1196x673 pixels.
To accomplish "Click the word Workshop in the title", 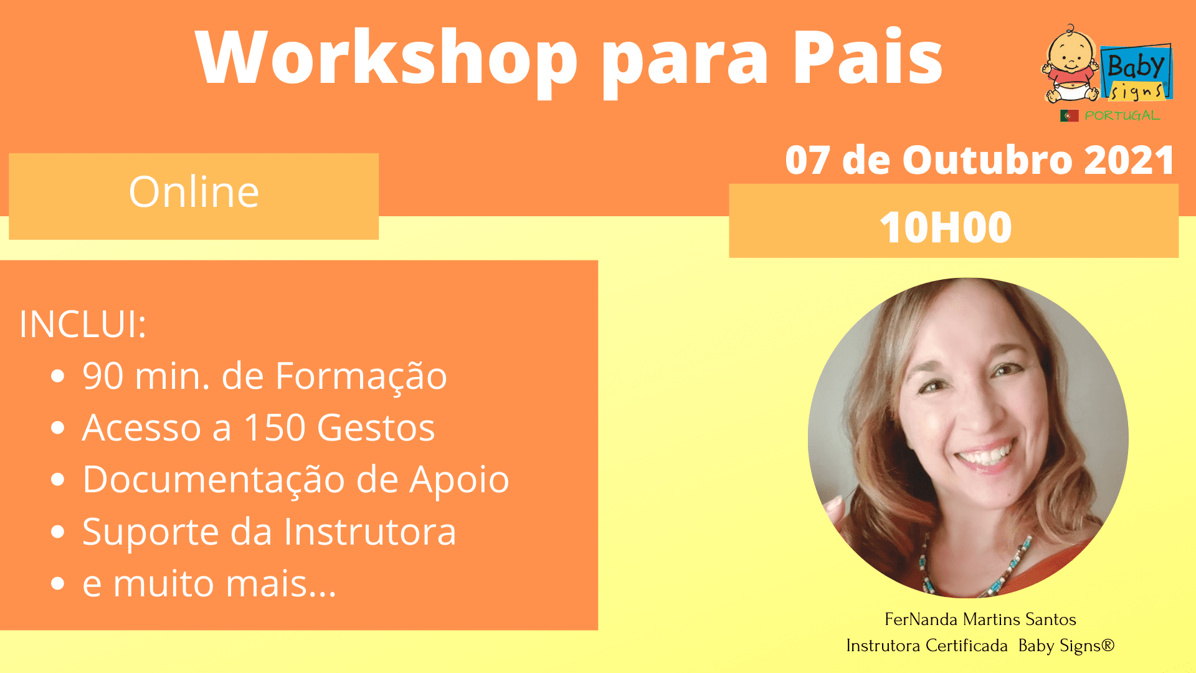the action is pyautogui.click(x=387, y=58).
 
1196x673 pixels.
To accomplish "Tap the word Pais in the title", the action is pyautogui.click(x=867, y=57).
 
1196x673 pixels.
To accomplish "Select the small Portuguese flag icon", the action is pyautogui.click(x=1069, y=116).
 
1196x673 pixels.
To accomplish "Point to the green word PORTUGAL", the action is pyautogui.click(x=1122, y=116).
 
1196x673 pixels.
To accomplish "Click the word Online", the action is pyautogui.click(x=194, y=191).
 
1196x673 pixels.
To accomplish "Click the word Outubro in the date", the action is pyautogui.click(x=987, y=160).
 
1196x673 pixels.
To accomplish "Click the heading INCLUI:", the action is pyautogui.click(x=83, y=324).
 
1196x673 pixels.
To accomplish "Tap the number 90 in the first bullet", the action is pyautogui.click(x=103, y=376).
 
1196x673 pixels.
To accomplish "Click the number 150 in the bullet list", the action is pyautogui.click(x=275, y=427).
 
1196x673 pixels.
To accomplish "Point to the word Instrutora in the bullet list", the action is pyautogui.click(x=370, y=532).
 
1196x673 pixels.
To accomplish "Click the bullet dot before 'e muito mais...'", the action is pyautogui.click(x=58, y=584).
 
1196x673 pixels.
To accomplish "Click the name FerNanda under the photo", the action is pyautogui.click(x=921, y=619).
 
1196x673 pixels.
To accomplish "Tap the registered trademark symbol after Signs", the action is pyautogui.click(x=1108, y=644).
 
